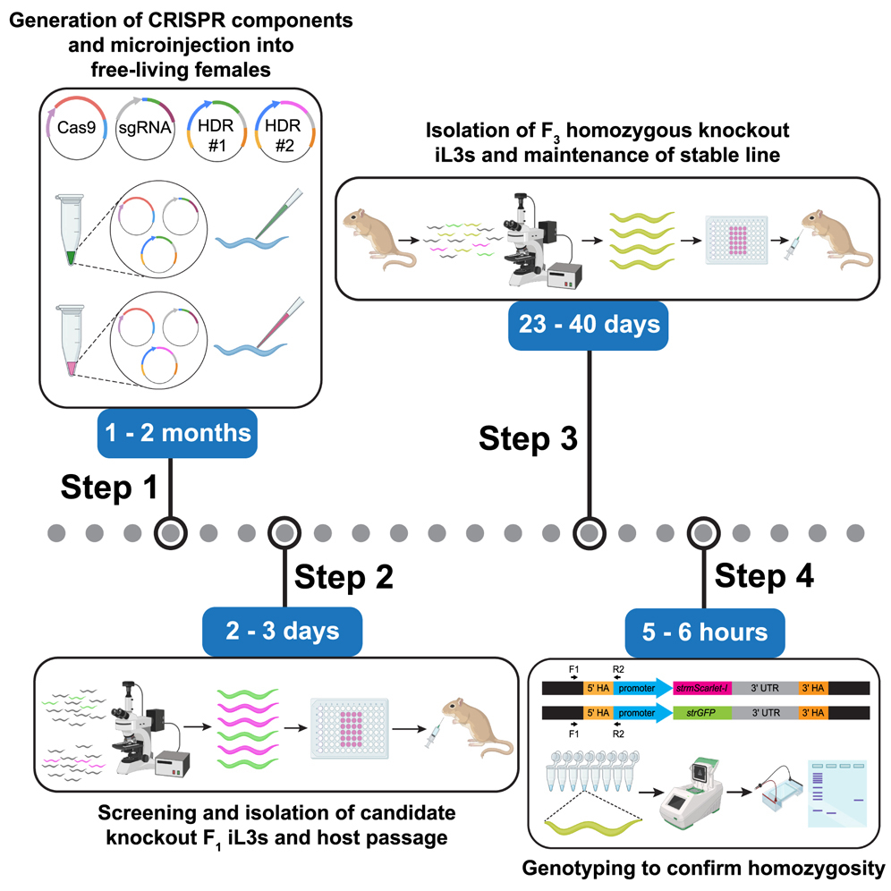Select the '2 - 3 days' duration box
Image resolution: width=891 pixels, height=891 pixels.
pyautogui.click(x=283, y=631)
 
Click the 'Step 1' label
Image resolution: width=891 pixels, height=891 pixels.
pyautogui.click(x=110, y=488)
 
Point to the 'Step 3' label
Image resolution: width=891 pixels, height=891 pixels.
pyautogui.click(x=529, y=438)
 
